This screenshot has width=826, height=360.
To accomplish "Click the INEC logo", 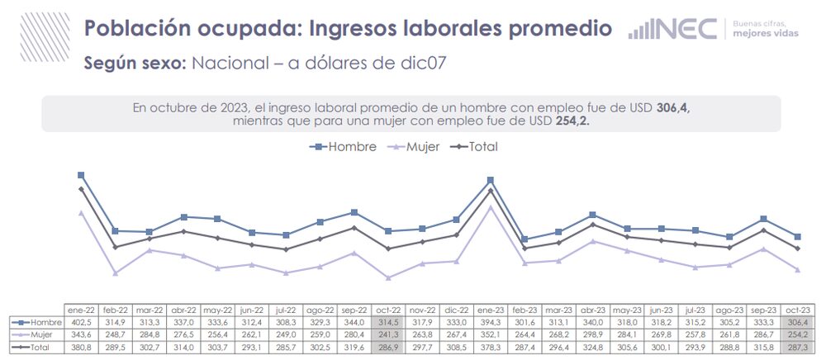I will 672,29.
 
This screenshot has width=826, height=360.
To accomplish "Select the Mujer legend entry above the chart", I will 413,146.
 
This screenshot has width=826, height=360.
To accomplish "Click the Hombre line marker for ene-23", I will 491,179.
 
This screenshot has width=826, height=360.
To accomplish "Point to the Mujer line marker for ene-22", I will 81,212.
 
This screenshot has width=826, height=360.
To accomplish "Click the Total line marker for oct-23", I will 797,249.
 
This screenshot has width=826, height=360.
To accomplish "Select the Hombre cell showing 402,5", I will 81,322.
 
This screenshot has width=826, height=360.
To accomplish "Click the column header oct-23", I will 797,308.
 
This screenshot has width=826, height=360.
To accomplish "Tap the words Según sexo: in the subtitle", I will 135,64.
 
